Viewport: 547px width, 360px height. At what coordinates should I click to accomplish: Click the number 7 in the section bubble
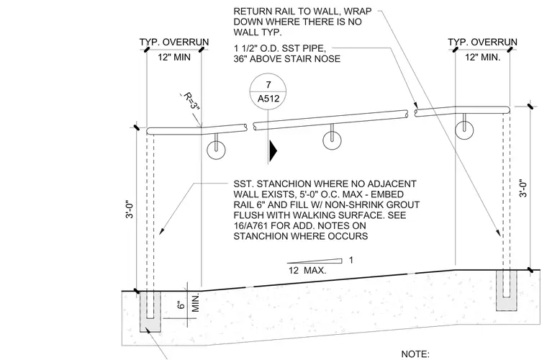coord(268,85)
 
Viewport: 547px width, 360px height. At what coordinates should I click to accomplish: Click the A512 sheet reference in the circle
coord(268,99)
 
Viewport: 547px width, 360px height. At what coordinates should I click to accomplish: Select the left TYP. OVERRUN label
coord(174,42)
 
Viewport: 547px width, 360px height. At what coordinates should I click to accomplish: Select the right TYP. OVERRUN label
coord(482,42)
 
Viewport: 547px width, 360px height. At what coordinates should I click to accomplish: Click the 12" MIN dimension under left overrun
coord(174,57)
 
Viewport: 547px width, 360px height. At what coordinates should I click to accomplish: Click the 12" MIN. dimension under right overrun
coord(482,57)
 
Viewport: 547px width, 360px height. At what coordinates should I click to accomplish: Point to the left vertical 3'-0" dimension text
coord(130,209)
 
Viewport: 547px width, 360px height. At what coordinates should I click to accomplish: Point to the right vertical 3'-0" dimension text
coord(523,188)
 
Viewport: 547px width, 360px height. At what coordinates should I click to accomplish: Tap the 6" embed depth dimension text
coord(181,305)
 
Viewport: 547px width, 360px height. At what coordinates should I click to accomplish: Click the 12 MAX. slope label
coord(307,270)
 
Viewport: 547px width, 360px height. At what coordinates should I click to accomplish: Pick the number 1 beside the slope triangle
coord(351,260)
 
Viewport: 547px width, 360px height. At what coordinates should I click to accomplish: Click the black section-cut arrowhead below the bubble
coord(273,150)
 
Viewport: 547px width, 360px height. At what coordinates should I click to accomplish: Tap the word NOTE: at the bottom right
coord(415,354)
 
